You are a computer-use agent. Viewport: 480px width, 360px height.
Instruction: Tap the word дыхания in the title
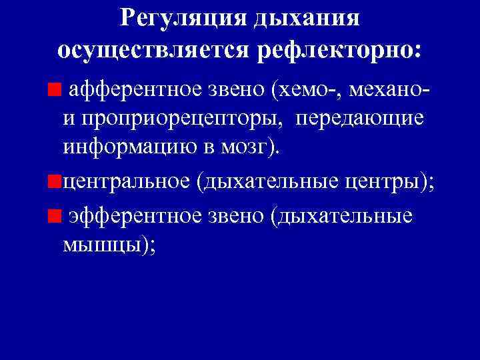tap(307, 19)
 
